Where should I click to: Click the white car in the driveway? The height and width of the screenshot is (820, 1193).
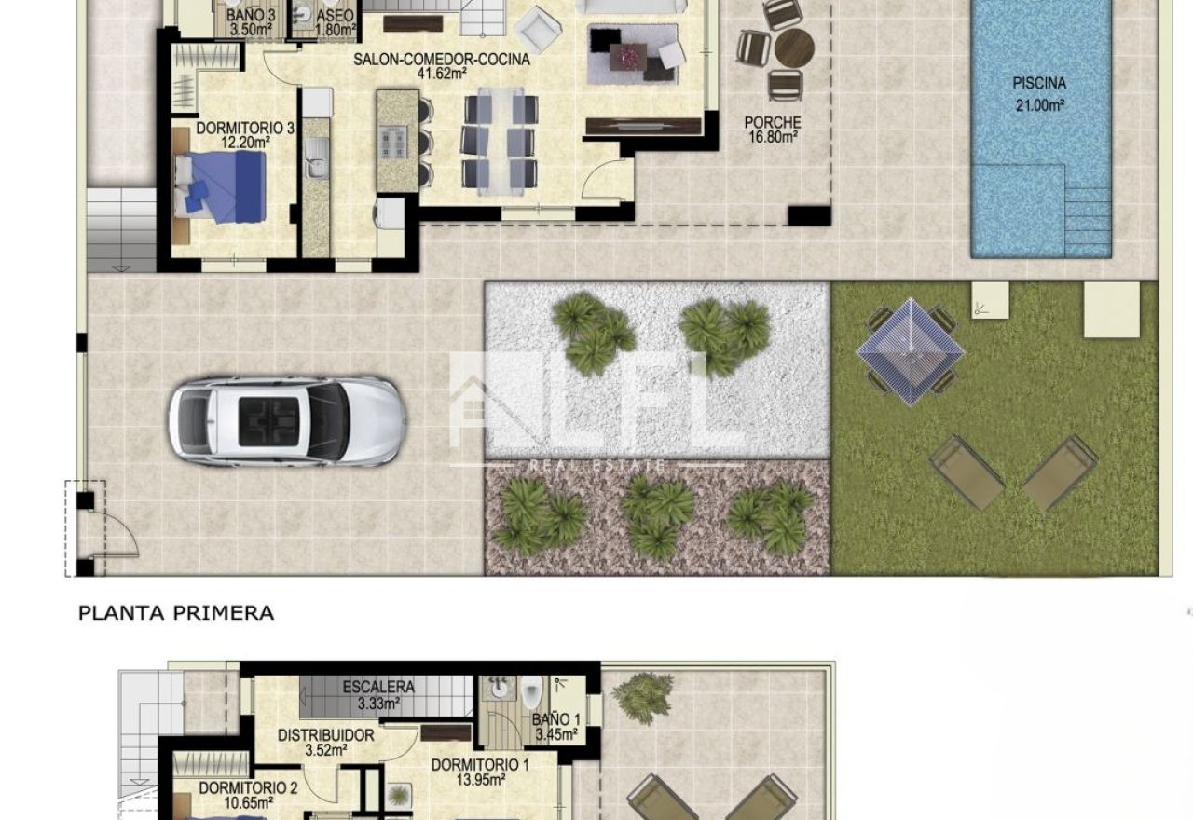(x=288, y=422)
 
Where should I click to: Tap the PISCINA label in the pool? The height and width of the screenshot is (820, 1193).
(x=1039, y=84)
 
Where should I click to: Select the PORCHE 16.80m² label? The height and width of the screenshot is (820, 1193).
(x=773, y=130)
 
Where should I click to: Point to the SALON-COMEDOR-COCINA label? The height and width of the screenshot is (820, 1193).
(x=442, y=59)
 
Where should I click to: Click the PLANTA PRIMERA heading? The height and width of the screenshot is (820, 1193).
(x=176, y=613)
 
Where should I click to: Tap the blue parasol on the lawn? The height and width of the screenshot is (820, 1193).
(x=911, y=351)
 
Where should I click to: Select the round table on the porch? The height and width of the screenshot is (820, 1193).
(x=794, y=48)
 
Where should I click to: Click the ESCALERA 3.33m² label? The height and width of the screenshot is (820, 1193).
(x=378, y=695)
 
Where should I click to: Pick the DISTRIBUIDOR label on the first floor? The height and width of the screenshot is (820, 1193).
(x=326, y=736)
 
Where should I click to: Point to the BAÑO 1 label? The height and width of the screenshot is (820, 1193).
(x=556, y=720)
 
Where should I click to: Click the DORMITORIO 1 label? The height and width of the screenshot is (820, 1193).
(x=480, y=765)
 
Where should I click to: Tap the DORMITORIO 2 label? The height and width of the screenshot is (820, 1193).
(x=248, y=788)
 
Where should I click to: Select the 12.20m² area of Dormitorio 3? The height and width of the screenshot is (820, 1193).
(x=245, y=143)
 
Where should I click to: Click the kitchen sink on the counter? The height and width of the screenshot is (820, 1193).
(x=316, y=157)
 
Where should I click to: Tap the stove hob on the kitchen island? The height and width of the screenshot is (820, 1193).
(x=393, y=143)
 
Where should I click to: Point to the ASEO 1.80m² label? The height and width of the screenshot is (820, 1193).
(x=335, y=22)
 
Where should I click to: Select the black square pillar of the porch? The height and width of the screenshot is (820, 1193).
(x=810, y=215)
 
